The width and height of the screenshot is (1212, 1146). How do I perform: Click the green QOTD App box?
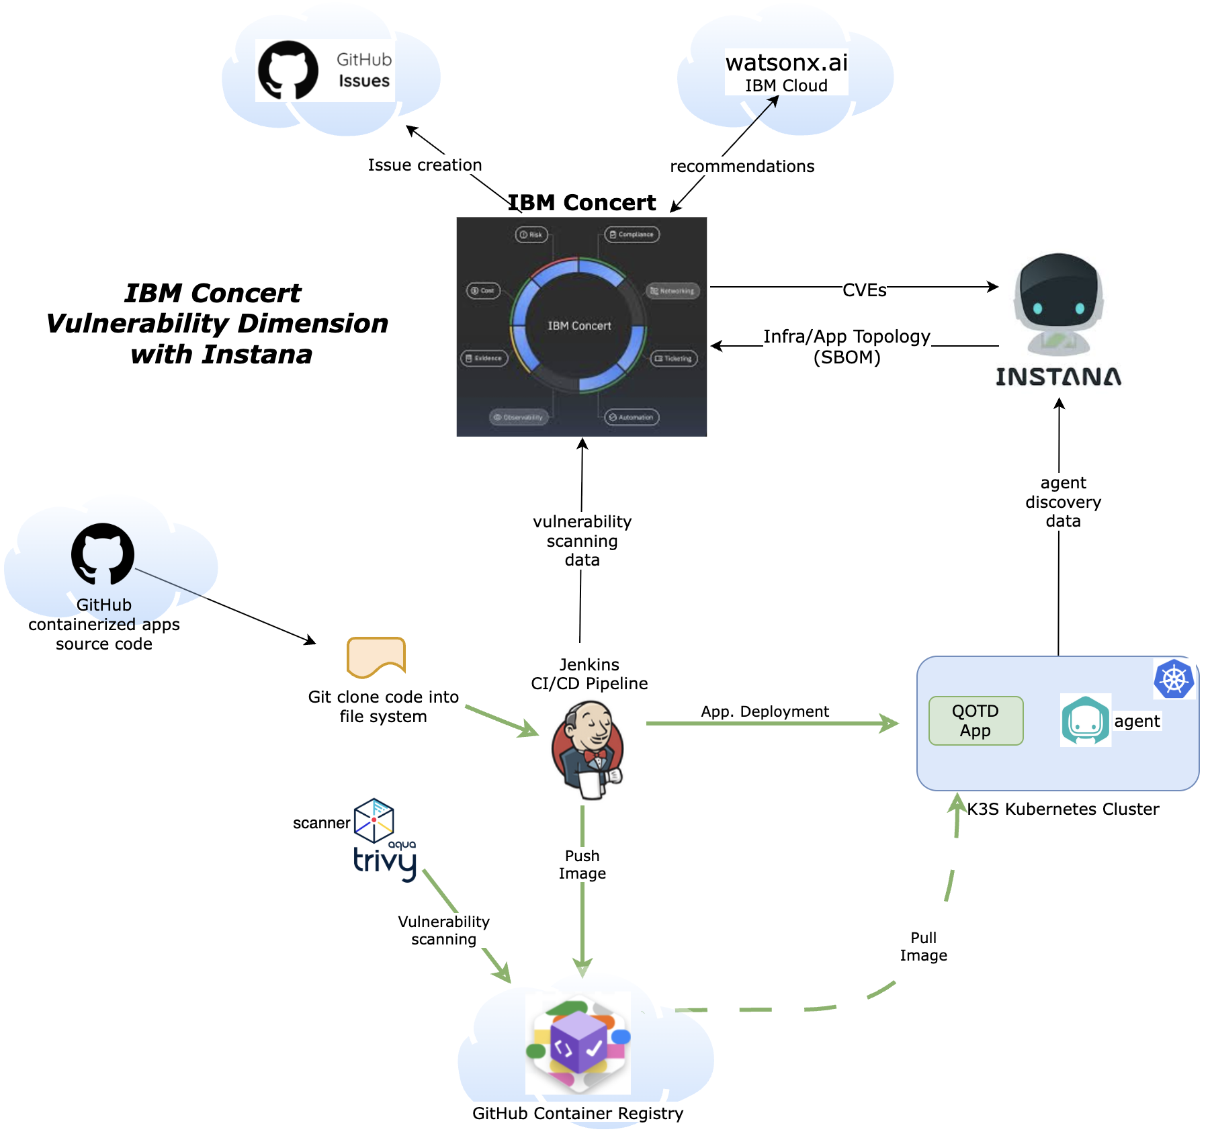click(x=976, y=721)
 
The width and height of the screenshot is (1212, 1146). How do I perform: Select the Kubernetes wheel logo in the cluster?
click(x=1174, y=678)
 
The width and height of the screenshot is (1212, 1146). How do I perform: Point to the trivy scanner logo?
click(x=384, y=840)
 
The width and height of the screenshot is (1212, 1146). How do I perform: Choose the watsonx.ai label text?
click(x=786, y=62)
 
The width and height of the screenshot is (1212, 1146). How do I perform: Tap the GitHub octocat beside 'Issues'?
click(x=288, y=70)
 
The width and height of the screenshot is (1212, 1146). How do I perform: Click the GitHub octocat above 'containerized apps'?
click(x=103, y=554)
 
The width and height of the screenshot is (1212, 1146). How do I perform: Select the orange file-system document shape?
click(x=376, y=657)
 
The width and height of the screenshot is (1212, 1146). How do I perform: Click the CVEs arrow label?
click(x=865, y=290)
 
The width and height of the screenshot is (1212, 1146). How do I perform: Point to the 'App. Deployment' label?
click(x=765, y=711)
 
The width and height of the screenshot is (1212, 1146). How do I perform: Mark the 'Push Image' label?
click(x=582, y=865)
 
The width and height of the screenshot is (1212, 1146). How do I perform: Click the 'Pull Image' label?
click(x=924, y=946)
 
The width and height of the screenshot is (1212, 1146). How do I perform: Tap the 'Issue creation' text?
click(x=425, y=165)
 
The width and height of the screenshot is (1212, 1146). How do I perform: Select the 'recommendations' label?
click(x=742, y=167)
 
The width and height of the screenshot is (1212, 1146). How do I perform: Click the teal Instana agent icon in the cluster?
click(x=1085, y=720)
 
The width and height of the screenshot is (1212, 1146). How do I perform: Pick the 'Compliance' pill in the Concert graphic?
click(x=632, y=234)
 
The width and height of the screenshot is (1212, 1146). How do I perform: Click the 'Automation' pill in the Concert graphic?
click(x=632, y=417)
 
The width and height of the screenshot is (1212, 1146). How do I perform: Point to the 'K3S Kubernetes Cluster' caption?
click(x=1063, y=809)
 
